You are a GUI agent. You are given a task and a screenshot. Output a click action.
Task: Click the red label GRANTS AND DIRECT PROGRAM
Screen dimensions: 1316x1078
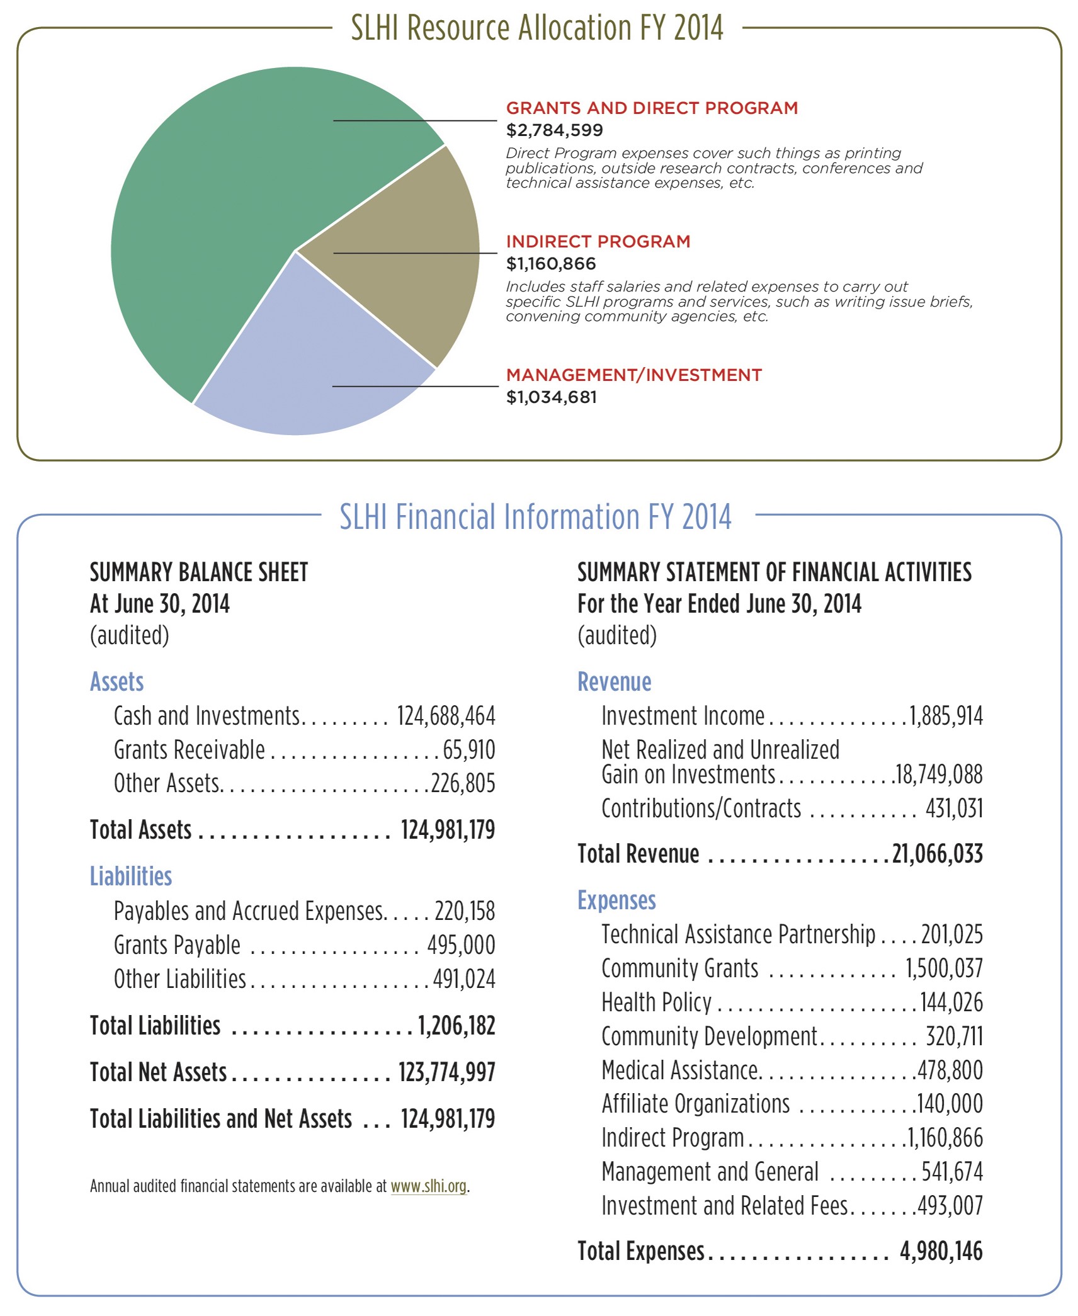(x=652, y=108)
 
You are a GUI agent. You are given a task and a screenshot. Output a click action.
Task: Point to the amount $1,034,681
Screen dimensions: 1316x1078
(x=552, y=397)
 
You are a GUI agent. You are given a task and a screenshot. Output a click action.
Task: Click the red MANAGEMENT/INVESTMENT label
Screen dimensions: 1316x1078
(x=634, y=375)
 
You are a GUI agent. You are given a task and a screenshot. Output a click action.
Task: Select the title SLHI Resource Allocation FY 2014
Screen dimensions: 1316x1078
(x=537, y=28)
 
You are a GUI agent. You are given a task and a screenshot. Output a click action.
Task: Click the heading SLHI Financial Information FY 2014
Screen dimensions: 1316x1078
(x=535, y=516)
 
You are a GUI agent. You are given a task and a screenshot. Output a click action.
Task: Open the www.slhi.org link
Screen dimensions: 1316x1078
(x=428, y=1186)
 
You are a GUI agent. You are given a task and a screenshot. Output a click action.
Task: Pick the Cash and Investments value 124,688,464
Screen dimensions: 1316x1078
(x=446, y=716)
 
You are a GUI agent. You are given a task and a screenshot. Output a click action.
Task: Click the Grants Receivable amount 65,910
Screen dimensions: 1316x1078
(x=468, y=750)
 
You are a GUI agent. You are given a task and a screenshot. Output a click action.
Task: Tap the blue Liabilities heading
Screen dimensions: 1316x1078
(x=131, y=876)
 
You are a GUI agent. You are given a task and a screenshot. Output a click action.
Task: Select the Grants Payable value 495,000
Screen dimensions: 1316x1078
(x=461, y=945)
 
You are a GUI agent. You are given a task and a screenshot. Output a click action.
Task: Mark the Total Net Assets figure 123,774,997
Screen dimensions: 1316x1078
(x=446, y=1072)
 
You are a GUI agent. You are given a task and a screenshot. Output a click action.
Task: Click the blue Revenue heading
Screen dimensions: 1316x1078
(x=615, y=682)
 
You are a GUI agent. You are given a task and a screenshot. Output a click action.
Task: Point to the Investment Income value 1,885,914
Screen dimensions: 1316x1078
(x=946, y=716)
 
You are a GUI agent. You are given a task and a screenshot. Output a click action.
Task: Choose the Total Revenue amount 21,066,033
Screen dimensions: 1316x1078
(x=938, y=854)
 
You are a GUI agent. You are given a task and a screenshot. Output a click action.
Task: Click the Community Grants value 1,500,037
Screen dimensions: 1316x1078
(x=944, y=968)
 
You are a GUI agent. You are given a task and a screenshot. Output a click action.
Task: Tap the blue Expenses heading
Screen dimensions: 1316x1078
(x=617, y=900)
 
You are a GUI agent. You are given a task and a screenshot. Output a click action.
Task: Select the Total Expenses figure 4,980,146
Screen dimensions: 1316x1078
(x=941, y=1251)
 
